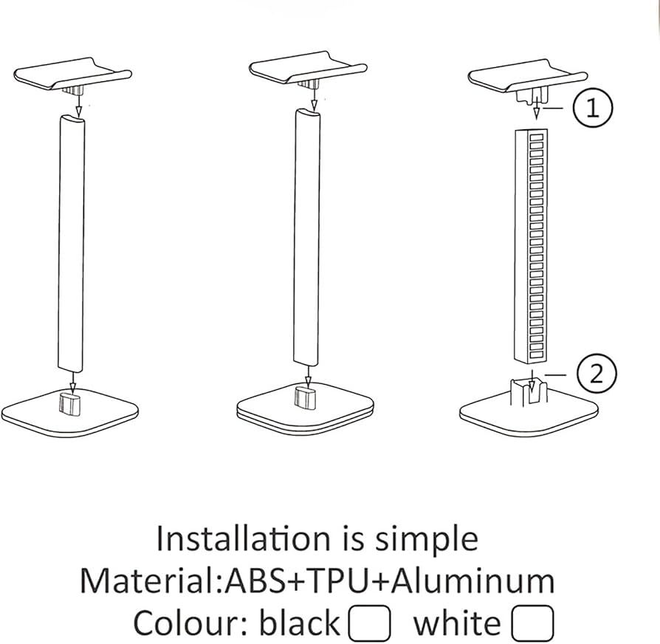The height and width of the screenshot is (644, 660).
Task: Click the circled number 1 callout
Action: coord(593,109)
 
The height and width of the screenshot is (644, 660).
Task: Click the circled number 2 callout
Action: coord(597,374)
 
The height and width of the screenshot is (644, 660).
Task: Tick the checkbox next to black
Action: coord(369,623)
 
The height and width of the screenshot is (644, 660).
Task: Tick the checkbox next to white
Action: coord(532,623)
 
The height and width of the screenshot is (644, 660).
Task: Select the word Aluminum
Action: coord(472,581)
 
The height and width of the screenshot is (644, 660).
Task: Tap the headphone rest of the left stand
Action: coord(73,74)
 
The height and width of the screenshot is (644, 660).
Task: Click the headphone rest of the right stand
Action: coord(527,77)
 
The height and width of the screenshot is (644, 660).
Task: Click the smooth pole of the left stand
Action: coord(71,242)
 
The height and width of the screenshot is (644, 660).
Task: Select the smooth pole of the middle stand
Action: coord(306,237)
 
